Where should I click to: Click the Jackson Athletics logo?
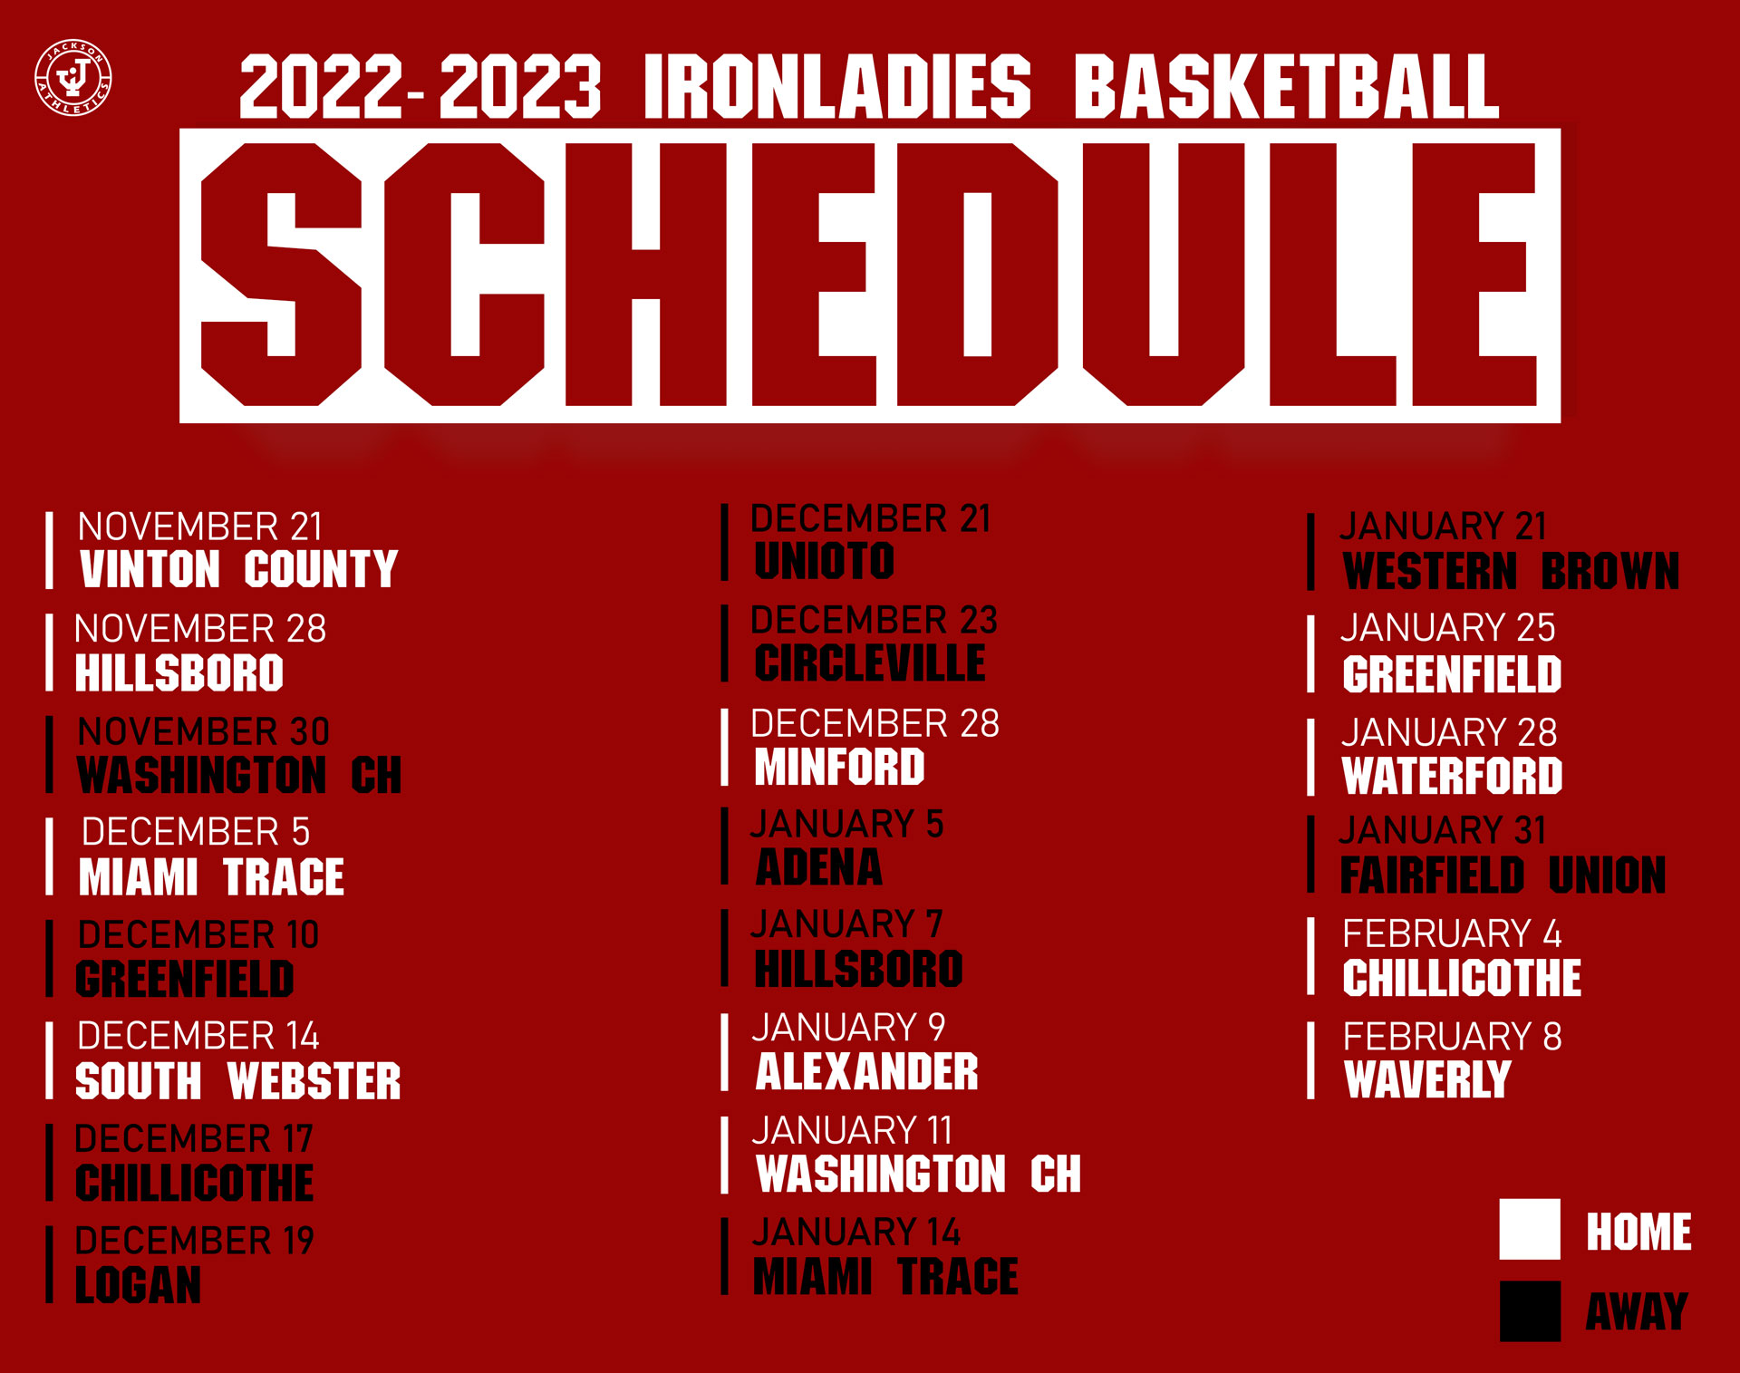click(x=73, y=78)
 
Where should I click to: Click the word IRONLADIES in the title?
click(x=837, y=86)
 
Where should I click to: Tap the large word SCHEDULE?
click(x=869, y=275)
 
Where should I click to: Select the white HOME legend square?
click(x=1530, y=1229)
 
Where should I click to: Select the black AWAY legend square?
click(x=1530, y=1310)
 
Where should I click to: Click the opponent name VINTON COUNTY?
click(x=239, y=569)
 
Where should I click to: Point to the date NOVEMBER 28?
click(x=200, y=628)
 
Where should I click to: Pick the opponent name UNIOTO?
click(x=825, y=560)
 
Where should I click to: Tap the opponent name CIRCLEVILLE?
click(x=870, y=662)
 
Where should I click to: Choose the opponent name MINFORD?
click(x=840, y=766)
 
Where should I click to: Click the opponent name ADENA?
click(x=819, y=867)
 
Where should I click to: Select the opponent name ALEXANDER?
click(x=867, y=1071)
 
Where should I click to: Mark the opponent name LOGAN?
click(x=139, y=1284)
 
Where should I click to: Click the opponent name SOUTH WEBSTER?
click(x=238, y=1080)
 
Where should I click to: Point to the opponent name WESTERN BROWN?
click(x=1512, y=571)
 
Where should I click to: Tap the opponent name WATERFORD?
click(x=1453, y=776)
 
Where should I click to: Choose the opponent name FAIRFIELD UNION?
click(x=1503, y=875)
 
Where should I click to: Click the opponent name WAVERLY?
click(x=1427, y=1079)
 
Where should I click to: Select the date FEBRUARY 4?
click(x=1452, y=933)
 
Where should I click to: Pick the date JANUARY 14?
click(x=856, y=1232)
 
